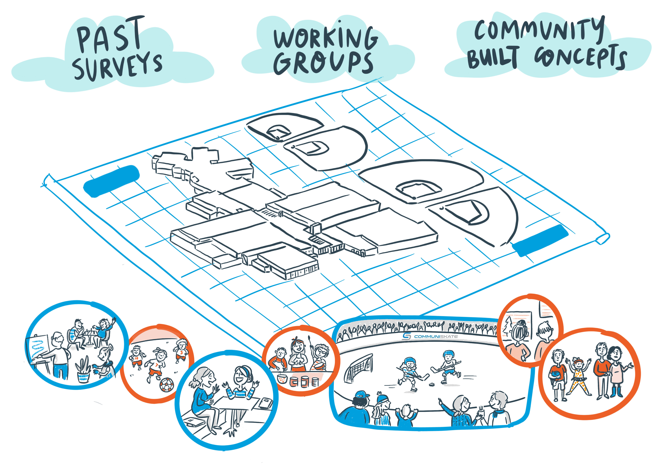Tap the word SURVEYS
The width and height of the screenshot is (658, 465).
pyautogui.click(x=117, y=65)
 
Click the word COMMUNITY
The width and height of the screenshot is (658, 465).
pyautogui.click(x=539, y=30)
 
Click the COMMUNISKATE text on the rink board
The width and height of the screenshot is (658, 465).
pyautogui.click(x=436, y=336)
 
